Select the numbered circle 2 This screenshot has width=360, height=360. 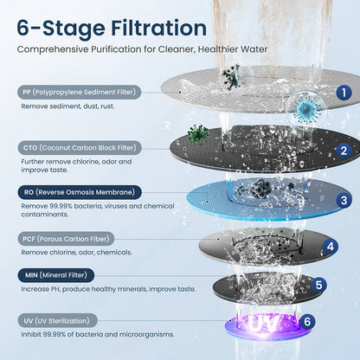pyautogui.click(x=343, y=151)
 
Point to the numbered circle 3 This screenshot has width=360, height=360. pyautogui.click(x=344, y=201)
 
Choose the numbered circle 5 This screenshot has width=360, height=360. pyautogui.click(x=318, y=284)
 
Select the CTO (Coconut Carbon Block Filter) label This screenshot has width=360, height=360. pyautogui.click(x=78, y=147)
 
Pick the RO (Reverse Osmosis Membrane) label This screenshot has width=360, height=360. pyautogui.click(x=77, y=192)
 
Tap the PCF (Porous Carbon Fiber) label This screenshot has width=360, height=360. pyautogui.click(x=63, y=236)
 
